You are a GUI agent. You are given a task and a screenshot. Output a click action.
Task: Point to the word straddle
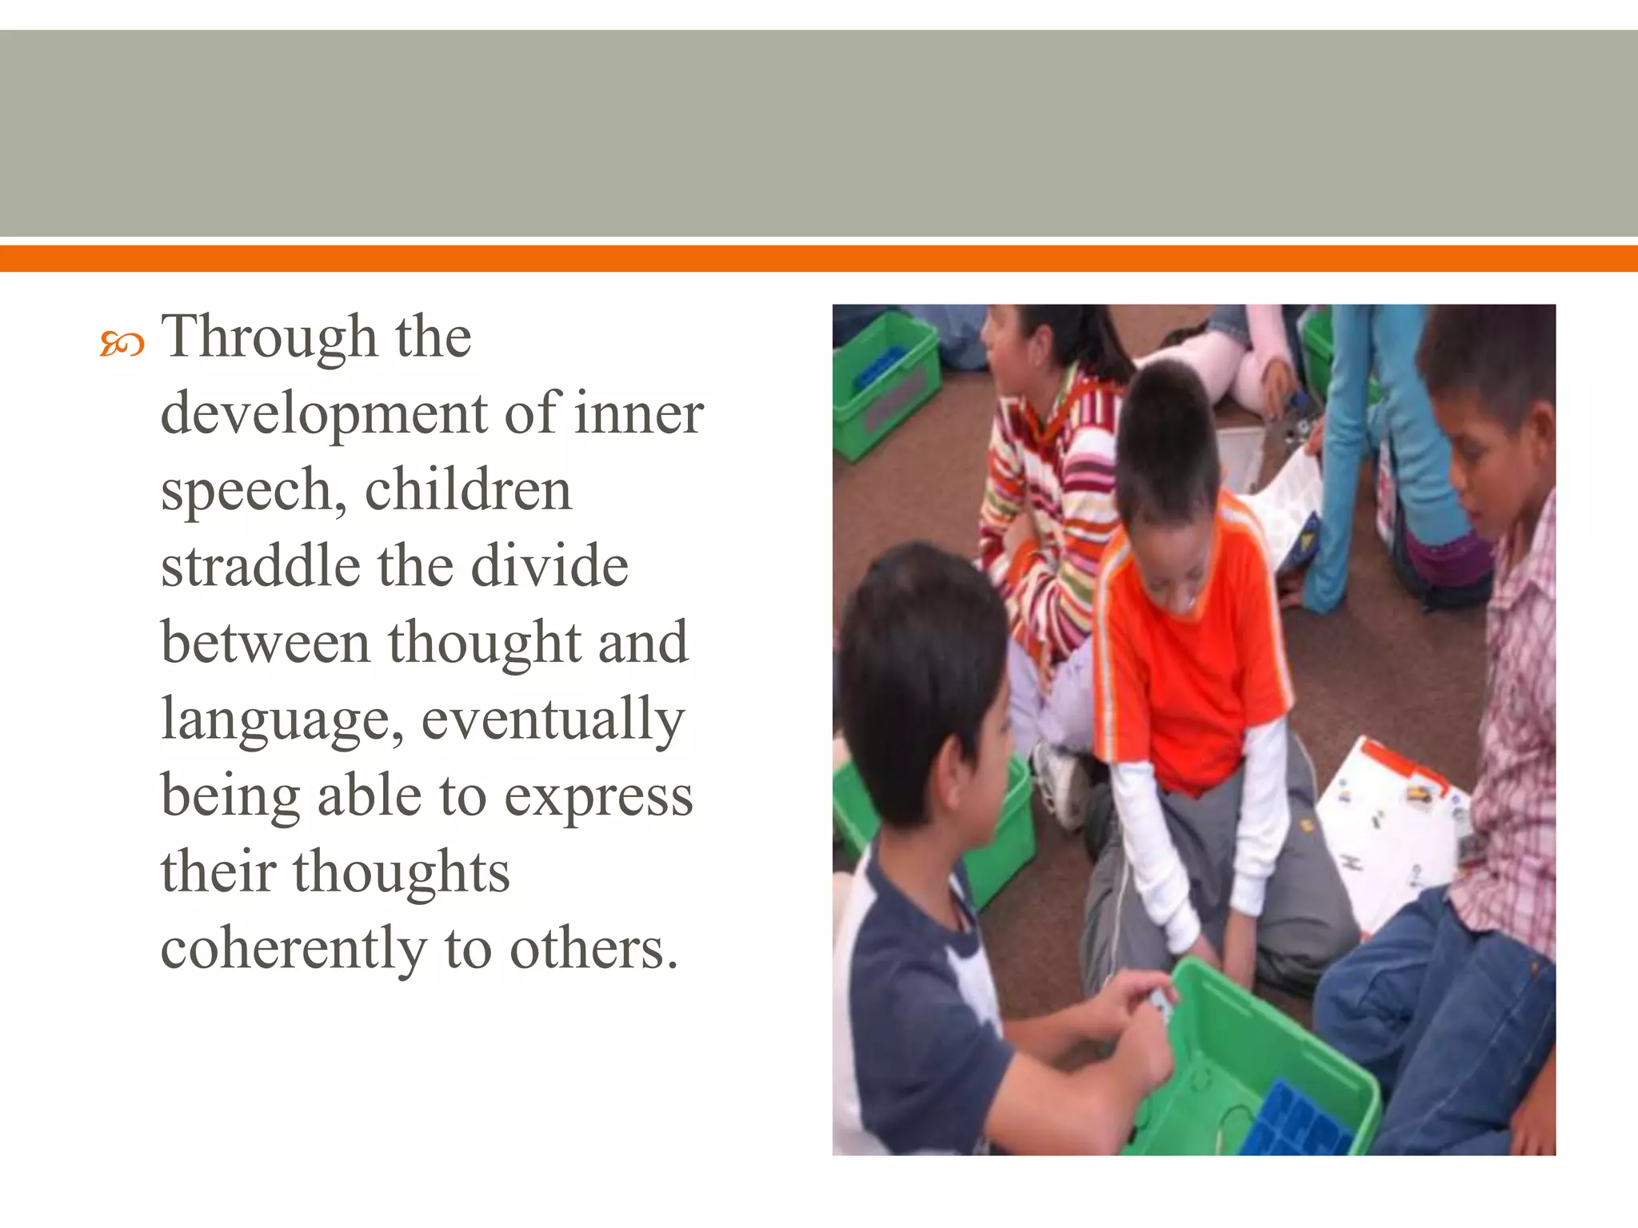click(260, 567)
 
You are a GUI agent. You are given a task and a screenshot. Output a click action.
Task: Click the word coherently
click(294, 950)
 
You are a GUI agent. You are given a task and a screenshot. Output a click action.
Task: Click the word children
click(468, 491)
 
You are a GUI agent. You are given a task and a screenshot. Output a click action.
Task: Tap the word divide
click(549, 567)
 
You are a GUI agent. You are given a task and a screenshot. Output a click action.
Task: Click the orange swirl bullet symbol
click(122, 345)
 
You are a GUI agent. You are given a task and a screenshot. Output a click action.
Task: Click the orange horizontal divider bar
click(819, 258)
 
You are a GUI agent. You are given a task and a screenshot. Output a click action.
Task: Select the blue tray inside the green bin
click(1296, 1119)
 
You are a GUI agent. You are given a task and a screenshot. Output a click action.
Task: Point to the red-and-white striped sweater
click(1048, 496)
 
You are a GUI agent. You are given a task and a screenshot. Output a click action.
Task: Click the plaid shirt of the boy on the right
click(1512, 720)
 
